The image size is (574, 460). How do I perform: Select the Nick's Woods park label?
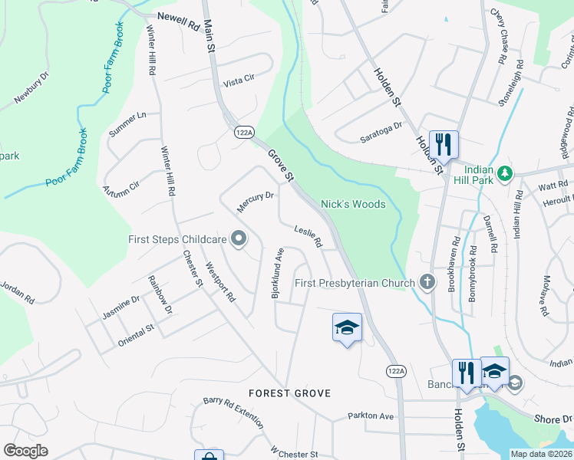pyautogui.click(x=352, y=204)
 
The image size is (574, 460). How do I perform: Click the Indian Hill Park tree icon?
pyautogui.click(x=504, y=174)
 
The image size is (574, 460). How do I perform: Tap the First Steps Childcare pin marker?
pyautogui.click(x=238, y=240)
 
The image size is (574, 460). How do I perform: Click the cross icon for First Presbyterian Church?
pyautogui.click(x=428, y=283)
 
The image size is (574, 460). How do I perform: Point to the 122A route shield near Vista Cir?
pyautogui.click(x=243, y=133)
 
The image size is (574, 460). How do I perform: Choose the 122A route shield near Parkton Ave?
pyautogui.click(x=394, y=371)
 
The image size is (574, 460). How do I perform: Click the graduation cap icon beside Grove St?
pyautogui.click(x=347, y=327)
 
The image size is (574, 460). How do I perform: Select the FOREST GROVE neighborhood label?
pyautogui.click(x=289, y=393)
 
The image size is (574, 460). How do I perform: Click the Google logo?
pyautogui.click(x=25, y=451)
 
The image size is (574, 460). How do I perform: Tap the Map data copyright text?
pyautogui.click(x=541, y=454)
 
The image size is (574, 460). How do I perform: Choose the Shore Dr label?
pyautogui.click(x=555, y=419)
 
